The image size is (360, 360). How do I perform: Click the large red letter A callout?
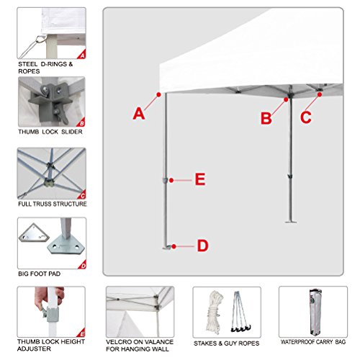tap(139, 113)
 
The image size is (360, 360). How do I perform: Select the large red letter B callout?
tap(267, 117)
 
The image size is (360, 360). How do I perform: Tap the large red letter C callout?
tap(307, 117)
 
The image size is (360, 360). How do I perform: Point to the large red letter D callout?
tap(203, 246)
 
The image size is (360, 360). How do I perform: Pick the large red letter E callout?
tap(201, 179)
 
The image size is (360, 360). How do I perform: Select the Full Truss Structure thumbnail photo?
tap(51, 173)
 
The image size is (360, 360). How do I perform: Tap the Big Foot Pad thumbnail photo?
tap(51, 243)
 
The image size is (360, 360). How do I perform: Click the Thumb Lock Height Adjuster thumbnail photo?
tap(51, 312)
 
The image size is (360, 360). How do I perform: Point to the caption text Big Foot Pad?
tap(41, 275)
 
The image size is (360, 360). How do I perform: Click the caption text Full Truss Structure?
tap(52, 204)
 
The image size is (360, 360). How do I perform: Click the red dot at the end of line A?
tap(157, 94)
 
